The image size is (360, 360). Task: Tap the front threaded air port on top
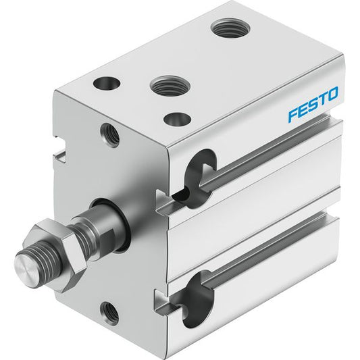[x=170, y=85]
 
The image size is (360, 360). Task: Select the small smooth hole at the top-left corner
[x=107, y=83]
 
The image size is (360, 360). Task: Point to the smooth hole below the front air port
[x=177, y=119]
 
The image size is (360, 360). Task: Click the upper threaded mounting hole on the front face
[x=109, y=135]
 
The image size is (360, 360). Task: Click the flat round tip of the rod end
[x=26, y=264]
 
